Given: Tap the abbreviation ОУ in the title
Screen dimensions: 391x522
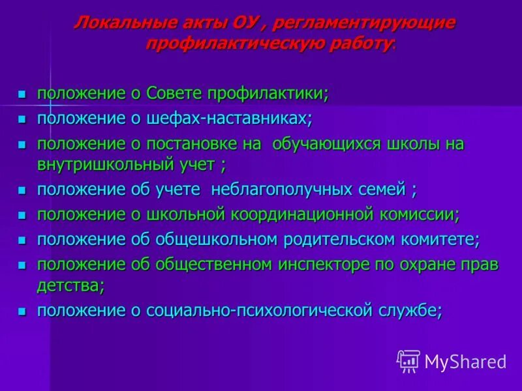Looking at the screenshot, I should (246, 22).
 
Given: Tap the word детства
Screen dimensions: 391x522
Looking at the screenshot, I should (68, 285).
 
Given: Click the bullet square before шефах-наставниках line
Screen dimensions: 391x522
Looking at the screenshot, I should (22, 120).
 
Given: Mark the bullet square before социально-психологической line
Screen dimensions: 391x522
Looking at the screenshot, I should (22, 311).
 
